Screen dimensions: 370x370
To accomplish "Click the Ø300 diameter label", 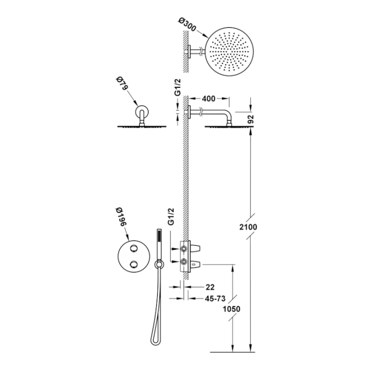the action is click(188, 24).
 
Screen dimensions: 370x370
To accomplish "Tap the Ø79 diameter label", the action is click(121, 83).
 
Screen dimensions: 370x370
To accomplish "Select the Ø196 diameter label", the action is click(122, 217).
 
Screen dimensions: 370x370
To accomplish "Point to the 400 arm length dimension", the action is click(209, 99).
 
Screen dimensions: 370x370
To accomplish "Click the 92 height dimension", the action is click(251, 119).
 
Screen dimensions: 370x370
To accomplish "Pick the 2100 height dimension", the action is click(248, 227).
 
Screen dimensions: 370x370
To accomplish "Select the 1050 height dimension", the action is click(231, 309).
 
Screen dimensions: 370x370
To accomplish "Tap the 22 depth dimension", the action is click(210, 287).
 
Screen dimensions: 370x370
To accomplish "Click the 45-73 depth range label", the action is click(215, 299).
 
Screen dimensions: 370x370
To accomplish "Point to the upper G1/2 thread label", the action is click(178, 87).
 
